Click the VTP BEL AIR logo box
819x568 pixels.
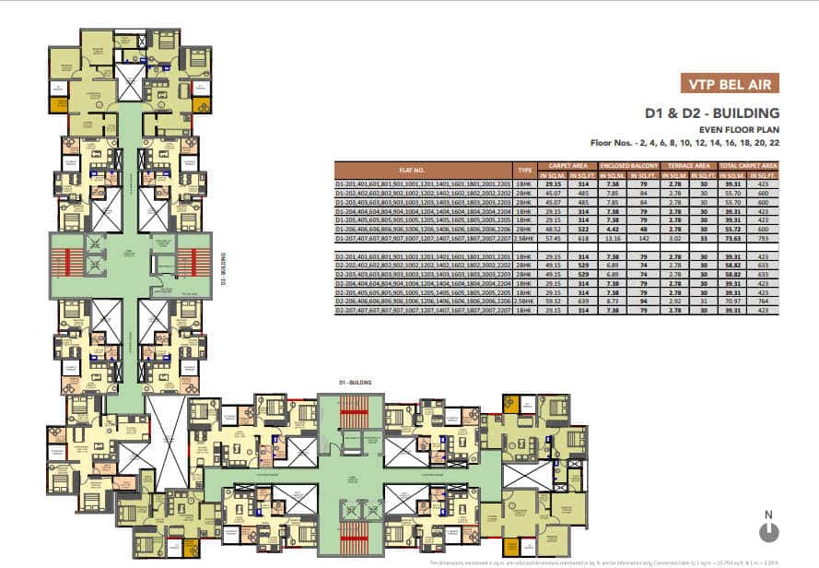pos(728,83)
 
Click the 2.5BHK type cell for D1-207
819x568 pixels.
pos(525,238)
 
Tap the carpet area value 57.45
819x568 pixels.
pos(553,238)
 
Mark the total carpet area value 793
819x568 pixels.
pos(763,238)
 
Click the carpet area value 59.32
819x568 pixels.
pos(553,301)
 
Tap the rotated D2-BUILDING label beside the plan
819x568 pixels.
pos(223,272)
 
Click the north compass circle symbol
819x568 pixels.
pos(768,532)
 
